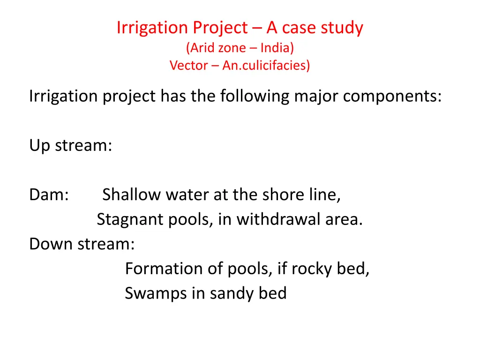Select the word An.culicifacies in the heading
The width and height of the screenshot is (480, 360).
coord(266,65)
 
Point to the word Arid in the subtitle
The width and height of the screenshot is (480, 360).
coord(202,47)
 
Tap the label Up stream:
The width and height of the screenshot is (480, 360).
coord(70,146)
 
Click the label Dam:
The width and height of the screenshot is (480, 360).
coord(49,195)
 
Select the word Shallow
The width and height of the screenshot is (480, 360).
coord(131,195)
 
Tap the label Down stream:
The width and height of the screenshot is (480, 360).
coord(82,244)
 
